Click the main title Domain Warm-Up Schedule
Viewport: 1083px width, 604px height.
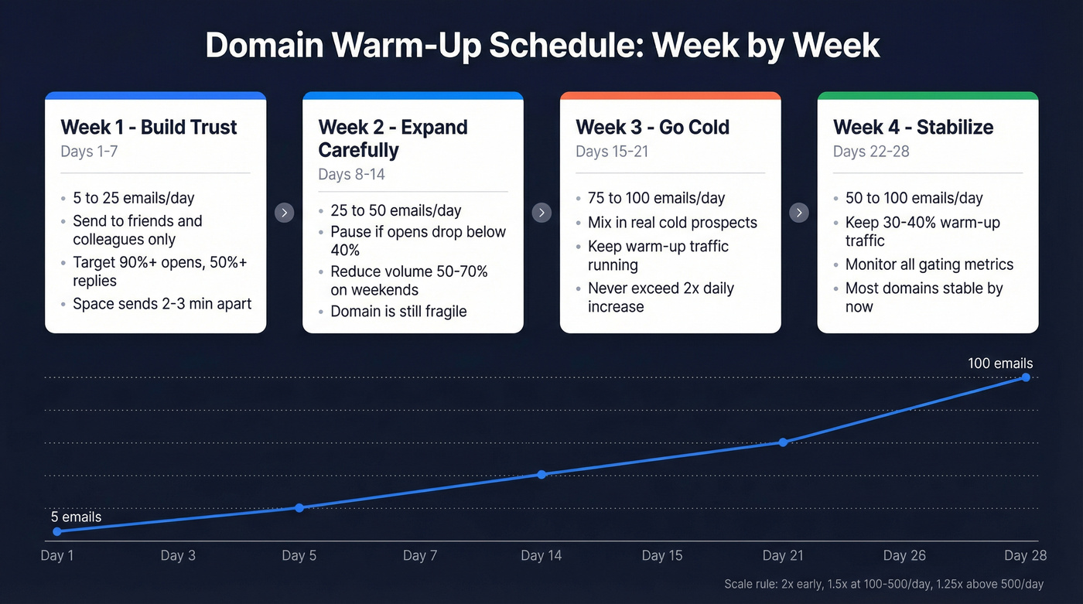pos(541,46)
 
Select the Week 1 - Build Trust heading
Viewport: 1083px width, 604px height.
pos(149,127)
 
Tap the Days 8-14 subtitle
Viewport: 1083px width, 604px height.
pos(351,174)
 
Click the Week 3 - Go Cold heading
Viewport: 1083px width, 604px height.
pos(652,127)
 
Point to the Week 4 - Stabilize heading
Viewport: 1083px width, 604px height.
pos(913,127)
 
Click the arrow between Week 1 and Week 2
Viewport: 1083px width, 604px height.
pos(285,213)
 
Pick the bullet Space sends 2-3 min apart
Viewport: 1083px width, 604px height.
pos(162,303)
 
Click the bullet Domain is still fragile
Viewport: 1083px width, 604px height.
pos(398,312)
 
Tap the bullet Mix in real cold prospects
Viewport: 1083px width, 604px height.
pos(672,223)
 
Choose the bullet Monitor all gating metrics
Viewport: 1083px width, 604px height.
pos(929,264)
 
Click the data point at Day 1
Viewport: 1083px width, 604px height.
pos(57,531)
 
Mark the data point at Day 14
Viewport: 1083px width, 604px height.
pos(541,474)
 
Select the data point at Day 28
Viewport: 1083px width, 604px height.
pos(1026,377)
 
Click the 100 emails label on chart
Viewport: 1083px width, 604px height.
pos(999,363)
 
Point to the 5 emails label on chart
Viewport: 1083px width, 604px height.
pos(76,517)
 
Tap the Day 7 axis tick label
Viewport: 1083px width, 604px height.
pos(420,555)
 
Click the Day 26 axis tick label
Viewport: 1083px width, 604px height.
pos(904,555)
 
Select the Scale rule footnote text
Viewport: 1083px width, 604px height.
pos(883,584)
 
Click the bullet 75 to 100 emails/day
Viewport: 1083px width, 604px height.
pos(656,198)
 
